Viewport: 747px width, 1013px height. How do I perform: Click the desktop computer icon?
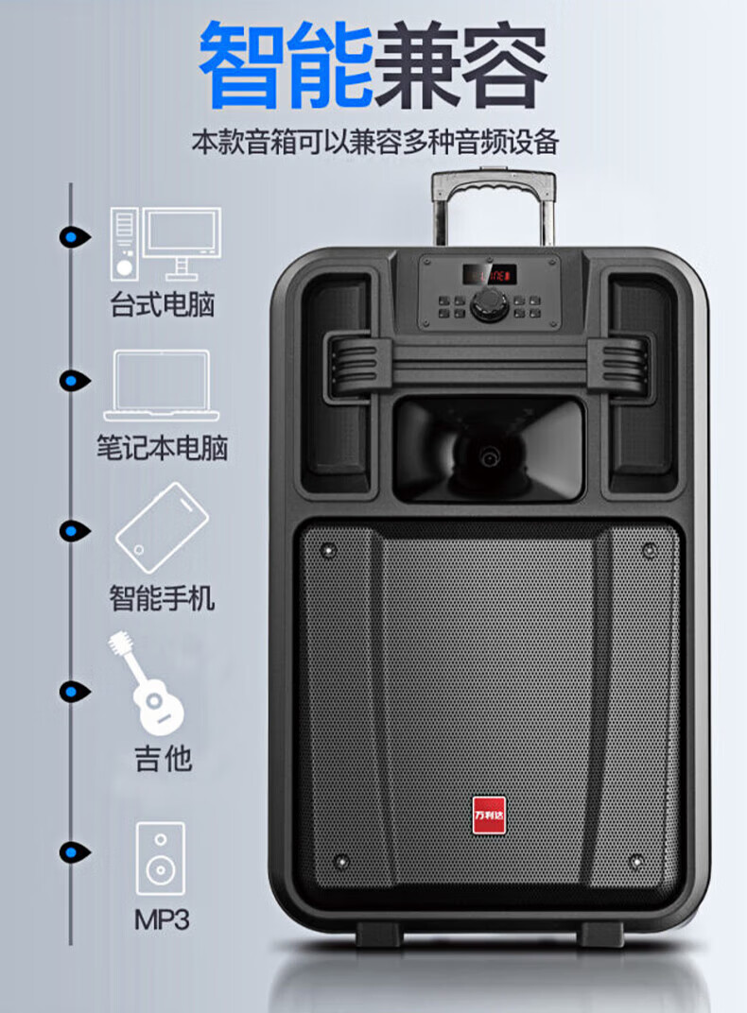pos(165,243)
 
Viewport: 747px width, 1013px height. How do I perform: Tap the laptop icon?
pos(161,386)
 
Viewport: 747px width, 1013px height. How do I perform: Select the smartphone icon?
pos(162,527)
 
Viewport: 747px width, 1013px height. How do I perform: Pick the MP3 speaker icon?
pos(160,858)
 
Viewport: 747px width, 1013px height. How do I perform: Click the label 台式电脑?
pos(163,305)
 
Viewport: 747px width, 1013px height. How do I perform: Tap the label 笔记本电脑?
pos(163,447)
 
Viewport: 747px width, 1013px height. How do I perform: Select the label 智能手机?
pos(162,598)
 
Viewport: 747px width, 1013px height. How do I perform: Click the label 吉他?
pos(163,759)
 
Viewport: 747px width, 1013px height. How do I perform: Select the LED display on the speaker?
pos(489,275)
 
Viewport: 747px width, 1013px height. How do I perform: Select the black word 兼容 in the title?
pos(460,69)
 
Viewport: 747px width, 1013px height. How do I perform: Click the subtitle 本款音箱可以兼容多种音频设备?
pos(375,144)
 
